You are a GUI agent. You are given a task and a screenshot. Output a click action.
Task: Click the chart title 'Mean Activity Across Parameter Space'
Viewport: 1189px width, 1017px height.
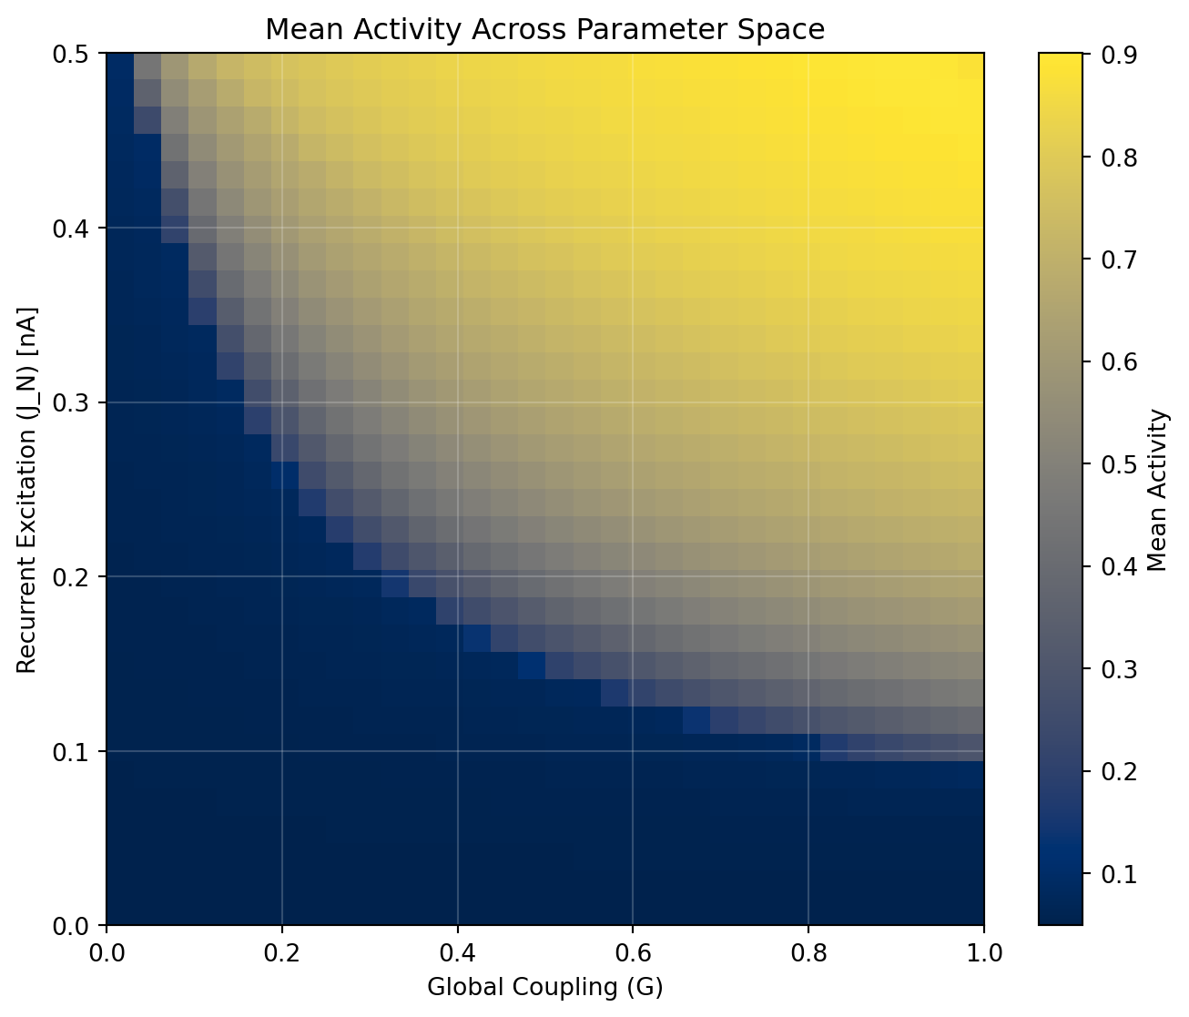(x=544, y=30)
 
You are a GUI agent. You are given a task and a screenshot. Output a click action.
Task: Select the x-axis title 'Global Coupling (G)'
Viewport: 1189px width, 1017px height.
(x=544, y=987)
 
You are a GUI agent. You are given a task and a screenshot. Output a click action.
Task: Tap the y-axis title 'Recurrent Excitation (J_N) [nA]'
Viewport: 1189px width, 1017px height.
(x=26, y=490)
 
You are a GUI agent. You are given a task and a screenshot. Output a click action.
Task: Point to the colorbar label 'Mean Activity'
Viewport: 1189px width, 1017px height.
(x=1157, y=490)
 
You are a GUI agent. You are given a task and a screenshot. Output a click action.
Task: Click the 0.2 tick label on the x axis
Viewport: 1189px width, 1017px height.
(x=282, y=952)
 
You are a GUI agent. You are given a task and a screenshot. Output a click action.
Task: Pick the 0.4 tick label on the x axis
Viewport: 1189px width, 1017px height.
(x=458, y=952)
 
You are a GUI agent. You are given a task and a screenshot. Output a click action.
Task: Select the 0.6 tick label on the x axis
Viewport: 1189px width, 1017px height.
(x=633, y=952)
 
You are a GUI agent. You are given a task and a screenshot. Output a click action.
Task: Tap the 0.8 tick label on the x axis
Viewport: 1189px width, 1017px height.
(x=808, y=952)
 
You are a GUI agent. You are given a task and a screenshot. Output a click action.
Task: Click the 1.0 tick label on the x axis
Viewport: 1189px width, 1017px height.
(x=983, y=952)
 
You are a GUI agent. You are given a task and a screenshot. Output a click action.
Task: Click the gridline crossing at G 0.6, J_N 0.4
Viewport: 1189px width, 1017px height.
(x=633, y=229)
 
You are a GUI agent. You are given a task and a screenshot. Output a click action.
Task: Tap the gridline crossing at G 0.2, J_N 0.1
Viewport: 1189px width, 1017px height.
(x=282, y=751)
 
